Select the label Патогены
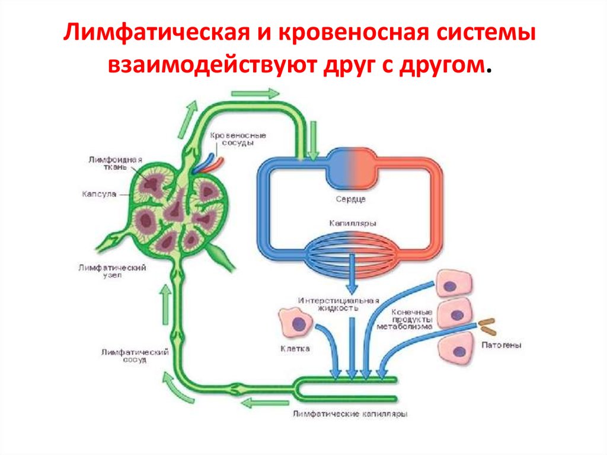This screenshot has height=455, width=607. pyautogui.click(x=501, y=345)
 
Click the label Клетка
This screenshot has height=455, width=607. pyautogui.click(x=295, y=349)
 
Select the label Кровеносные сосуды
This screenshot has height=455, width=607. pyautogui.click(x=238, y=139)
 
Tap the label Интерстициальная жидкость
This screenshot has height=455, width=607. pyautogui.click(x=338, y=304)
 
